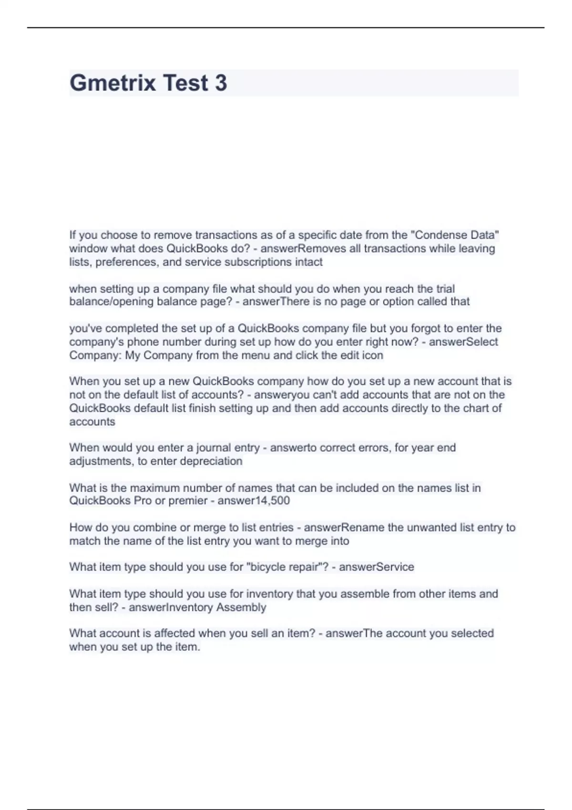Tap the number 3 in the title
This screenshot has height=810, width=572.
point(221,83)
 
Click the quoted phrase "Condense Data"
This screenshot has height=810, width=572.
point(455,235)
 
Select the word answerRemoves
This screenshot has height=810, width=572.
point(303,248)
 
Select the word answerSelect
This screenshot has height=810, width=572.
point(463,342)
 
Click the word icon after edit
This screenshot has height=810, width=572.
point(373,355)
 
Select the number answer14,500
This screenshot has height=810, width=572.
point(254,501)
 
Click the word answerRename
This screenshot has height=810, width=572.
point(344,527)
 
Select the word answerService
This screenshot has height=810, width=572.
point(377,567)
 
